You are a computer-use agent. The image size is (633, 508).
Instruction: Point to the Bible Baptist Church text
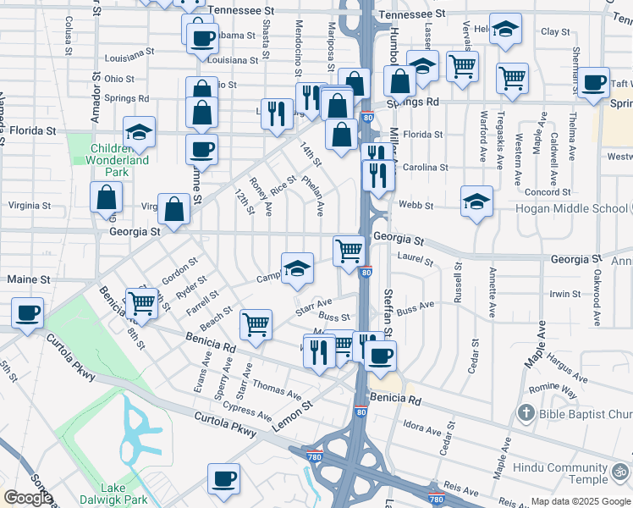(585, 414)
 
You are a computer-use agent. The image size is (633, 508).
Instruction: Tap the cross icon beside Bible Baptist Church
(526, 413)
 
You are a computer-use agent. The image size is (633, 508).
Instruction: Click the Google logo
(28, 498)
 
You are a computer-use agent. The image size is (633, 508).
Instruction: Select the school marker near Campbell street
(296, 269)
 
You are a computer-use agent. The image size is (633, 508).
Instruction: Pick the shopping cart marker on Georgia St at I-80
(349, 251)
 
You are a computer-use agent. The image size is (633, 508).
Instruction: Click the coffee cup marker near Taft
(594, 82)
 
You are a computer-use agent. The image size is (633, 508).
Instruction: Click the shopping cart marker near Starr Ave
(256, 323)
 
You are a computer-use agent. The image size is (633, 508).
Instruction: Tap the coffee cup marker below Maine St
(28, 312)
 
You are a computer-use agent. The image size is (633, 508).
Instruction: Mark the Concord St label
(548, 192)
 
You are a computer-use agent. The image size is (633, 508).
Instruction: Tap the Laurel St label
(415, 257)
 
